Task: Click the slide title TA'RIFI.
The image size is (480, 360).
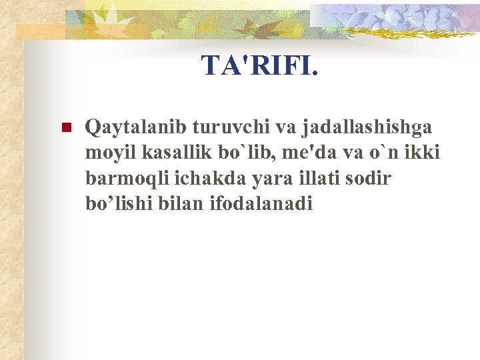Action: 260,65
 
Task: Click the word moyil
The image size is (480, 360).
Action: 106,153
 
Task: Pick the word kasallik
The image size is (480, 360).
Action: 165,153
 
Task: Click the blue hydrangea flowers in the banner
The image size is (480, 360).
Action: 400,17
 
